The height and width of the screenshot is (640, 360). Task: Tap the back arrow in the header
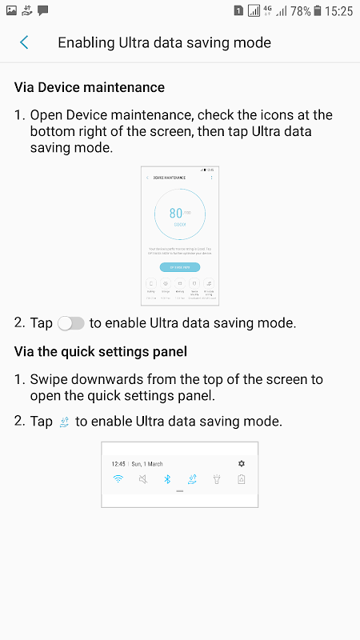coord(25,42)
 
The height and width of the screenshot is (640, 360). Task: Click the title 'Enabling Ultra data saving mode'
coord(164,42)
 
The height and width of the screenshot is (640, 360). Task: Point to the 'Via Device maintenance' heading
coord(90,87)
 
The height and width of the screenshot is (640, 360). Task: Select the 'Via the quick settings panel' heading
coord(99,351)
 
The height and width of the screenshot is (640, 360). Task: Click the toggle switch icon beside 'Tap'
coord(71,323)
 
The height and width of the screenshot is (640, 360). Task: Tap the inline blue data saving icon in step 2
coord(65,422)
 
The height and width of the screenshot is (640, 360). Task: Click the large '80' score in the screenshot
coord(176,214)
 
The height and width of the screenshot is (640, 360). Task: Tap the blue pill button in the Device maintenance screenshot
coord(180,267)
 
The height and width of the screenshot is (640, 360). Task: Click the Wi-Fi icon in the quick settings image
coord(118,479)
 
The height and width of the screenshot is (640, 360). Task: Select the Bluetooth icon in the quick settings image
coord(167,479)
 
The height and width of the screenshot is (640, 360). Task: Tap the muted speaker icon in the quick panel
coord(142,479)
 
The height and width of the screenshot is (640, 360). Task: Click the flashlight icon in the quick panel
coord(217,479)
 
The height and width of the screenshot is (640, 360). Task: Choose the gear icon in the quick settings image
coord(242,463)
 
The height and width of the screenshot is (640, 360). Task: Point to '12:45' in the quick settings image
coord(118,464)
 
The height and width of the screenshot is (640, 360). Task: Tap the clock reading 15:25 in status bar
coord(339,11)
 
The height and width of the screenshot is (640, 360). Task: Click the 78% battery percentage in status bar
coord(301,11)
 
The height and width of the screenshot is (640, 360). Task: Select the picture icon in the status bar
coord(11,11)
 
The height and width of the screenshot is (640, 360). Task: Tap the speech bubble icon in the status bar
coord(43,11)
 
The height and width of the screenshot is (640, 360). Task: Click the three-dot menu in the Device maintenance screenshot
coord(212,177)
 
